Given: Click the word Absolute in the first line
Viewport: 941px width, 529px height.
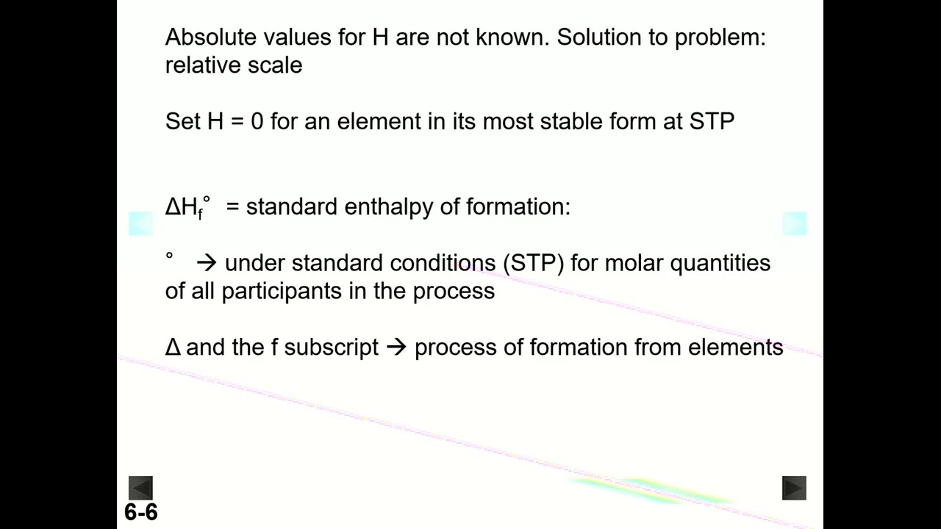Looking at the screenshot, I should tap(211, 37).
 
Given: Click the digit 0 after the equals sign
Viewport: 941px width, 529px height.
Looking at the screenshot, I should tap(257, 121).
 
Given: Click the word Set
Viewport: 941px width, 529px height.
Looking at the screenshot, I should tap(183, 121).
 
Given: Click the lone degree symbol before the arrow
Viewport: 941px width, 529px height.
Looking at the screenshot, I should tap(169, 256).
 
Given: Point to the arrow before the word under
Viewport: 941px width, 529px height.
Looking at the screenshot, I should tap(207, 263).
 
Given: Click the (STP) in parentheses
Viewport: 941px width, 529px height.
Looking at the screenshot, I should tap(533, 263).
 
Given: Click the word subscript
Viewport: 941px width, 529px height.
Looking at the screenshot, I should tap(331, 348).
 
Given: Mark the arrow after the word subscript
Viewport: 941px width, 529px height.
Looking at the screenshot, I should tap(396, 348).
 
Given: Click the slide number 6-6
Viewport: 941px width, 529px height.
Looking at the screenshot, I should tap(140, 512).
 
